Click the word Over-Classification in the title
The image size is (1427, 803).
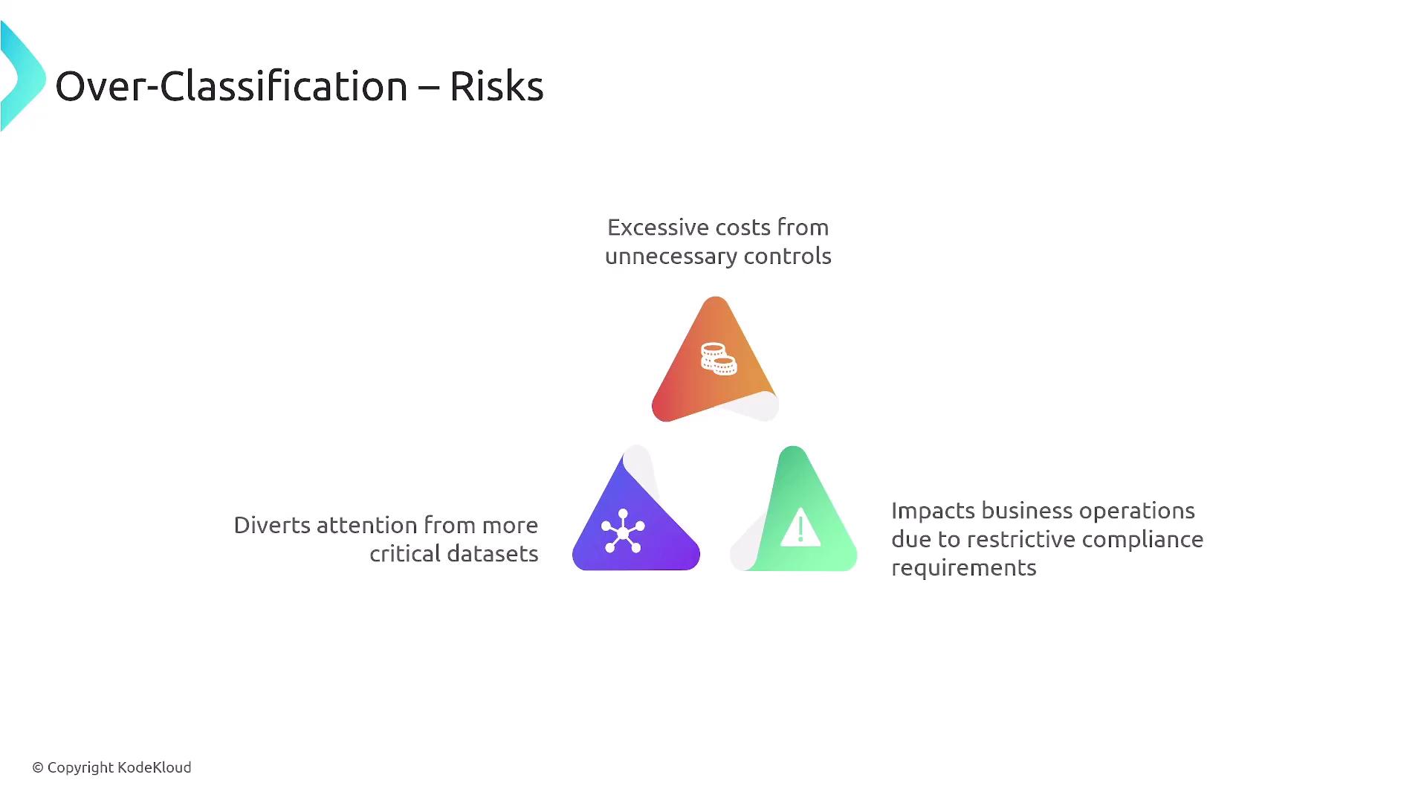231,86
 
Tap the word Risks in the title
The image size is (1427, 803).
496,86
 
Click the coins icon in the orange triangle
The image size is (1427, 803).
719,358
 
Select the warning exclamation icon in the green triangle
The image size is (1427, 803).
800,528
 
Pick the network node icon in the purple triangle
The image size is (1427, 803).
623,531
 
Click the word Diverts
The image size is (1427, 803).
271,525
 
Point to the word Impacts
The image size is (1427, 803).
933,512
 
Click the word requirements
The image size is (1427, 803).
964,568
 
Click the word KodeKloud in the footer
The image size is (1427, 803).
155,767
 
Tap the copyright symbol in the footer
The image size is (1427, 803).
38,767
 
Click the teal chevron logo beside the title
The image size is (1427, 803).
22,77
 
